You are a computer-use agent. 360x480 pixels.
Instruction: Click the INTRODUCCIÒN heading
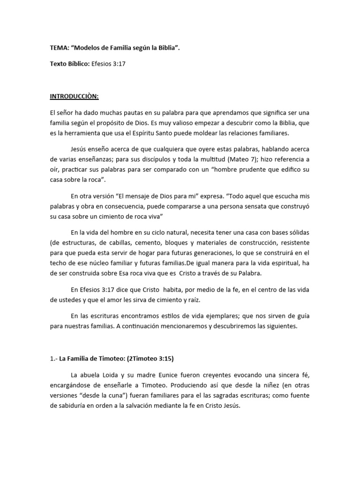coord(75,97)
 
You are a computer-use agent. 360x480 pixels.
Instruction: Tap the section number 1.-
coord(54,359)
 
